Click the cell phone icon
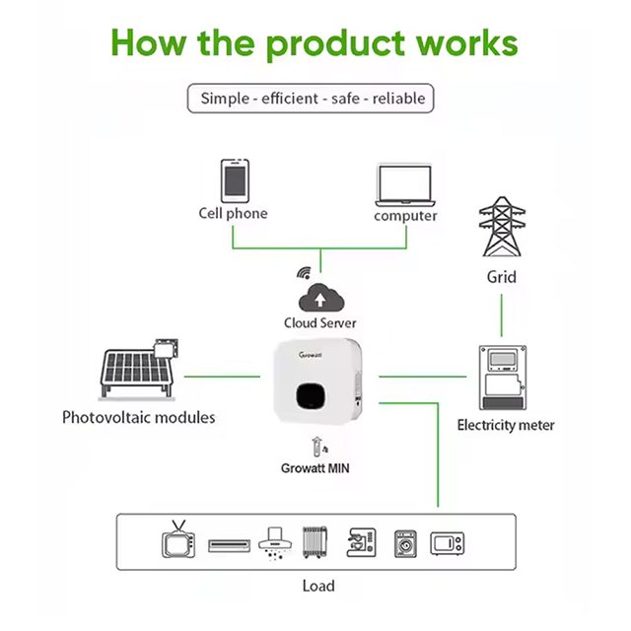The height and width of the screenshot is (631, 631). (x=234, y=180)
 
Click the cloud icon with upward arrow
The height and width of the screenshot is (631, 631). (x=320, y=297)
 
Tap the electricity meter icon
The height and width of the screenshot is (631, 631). (x=506, y=379)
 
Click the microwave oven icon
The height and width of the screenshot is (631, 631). (x=447, y=543)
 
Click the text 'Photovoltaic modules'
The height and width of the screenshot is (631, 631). (x=138, y=417)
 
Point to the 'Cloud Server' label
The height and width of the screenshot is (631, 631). (x=320, y=322)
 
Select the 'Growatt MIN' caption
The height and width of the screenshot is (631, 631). (x=315, y=468)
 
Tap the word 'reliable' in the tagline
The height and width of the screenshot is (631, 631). (x=399, y=99)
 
